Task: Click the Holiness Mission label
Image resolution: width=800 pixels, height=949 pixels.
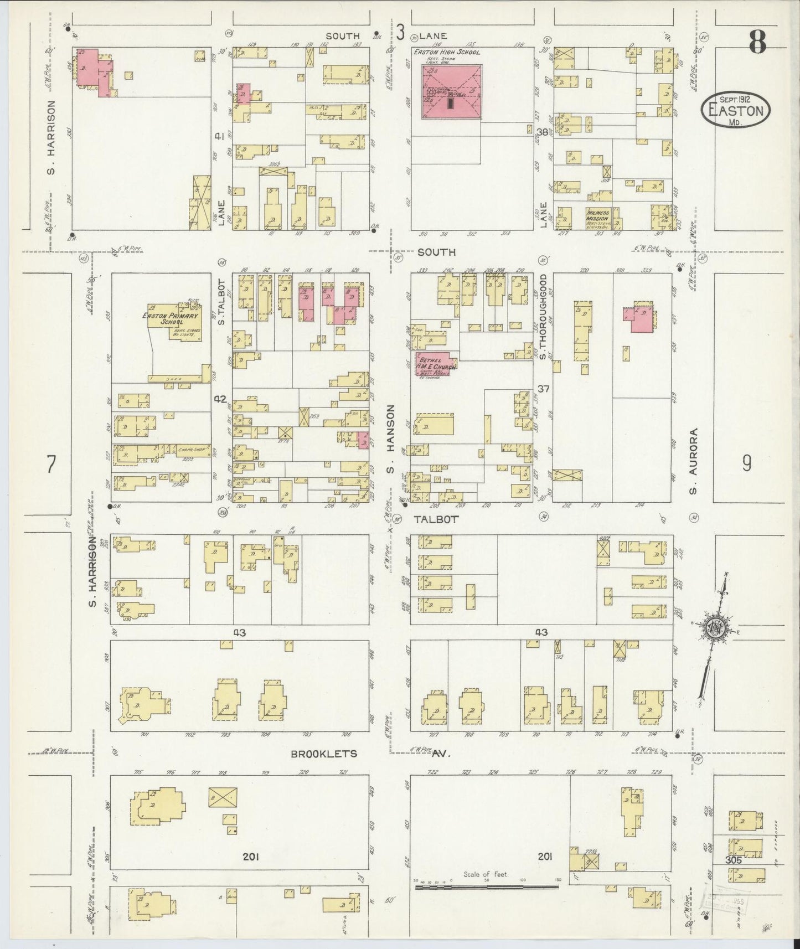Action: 598,216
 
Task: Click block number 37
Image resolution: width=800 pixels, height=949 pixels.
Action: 543,389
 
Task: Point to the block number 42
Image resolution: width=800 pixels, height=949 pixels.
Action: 221,399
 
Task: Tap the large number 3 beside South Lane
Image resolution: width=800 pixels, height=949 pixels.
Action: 400,34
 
